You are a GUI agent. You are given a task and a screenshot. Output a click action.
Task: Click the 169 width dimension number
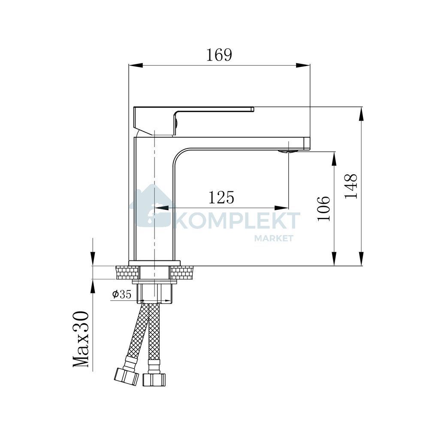[219, 55]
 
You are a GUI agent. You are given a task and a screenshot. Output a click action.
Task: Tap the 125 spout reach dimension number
[221, 197]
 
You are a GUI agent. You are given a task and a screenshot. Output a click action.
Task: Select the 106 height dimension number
[323, 208]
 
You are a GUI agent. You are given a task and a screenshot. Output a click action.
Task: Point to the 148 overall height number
[351, 186]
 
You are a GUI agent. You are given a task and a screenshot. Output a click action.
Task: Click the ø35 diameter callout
[122, 294]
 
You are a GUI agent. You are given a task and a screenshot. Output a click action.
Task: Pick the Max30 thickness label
[81, 339]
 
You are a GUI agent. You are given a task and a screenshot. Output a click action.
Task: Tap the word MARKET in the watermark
[274, 238]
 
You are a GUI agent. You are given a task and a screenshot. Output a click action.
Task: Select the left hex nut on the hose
[127, 377]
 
